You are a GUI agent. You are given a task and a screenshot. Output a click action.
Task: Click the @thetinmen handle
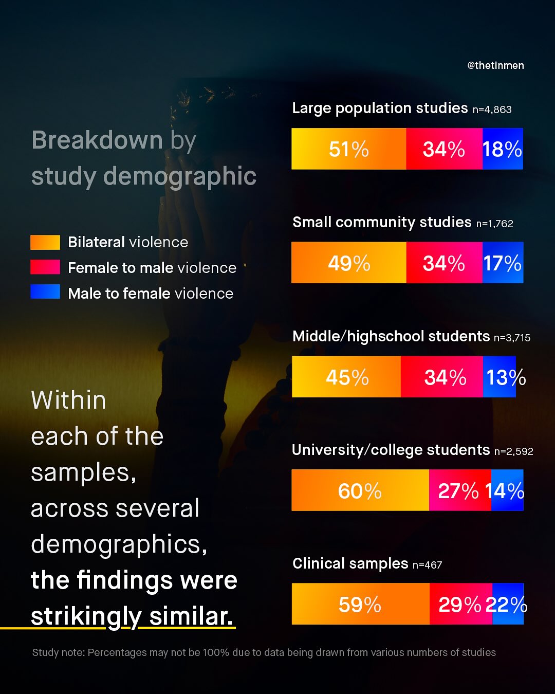pyautogui.click(x=495, y=65)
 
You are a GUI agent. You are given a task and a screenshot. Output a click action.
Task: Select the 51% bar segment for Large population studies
pyautogui.click(x=349, y=149)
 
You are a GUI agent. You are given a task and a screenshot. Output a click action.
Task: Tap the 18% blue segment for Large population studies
pyautogui.click(x=503, y=149)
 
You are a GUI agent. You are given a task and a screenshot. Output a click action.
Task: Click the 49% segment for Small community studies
pyautogui.click(x=349, y=263)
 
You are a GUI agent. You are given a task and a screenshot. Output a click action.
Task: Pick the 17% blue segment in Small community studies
pyautogui.click(x=503, y=263)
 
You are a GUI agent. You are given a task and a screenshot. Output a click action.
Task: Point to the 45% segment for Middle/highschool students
pyautogui.click(x=346, y=377)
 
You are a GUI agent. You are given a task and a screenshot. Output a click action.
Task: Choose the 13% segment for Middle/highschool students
pyautogui.click(x=499, y=377)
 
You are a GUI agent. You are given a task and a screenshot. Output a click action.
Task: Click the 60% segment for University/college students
pyautogui.click(x=360, y=490)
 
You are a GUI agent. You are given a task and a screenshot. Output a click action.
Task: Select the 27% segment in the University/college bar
pyautogui.click(x=459, y=490)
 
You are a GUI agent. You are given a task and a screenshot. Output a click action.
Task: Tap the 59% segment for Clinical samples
pyautogui.click(x=360, y=604)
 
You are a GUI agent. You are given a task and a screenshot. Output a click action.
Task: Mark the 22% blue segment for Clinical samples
pyautogui.click(x=508, y=604)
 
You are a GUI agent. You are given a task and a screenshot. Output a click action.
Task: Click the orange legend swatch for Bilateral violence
pyautogui.click(x=45, y=242)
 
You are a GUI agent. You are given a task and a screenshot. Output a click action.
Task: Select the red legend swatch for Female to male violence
pyautogui.click(x=45, y=267)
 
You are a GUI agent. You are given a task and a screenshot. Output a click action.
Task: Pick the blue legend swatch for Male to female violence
pyautogui.click(x=45, y=292)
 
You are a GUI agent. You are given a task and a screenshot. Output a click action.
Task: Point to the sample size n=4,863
pyautogui.click(x=492, y=109)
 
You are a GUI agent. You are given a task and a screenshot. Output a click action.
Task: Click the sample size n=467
pyautogui.click(x=427, y=565)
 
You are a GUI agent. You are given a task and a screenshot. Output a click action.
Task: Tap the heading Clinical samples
pyautogui.click(x=350, y=563)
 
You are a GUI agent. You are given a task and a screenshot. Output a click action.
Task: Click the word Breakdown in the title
pyautogui.click(x=97, y=140)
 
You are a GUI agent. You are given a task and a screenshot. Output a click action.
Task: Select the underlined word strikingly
pyautogui.click(x=86, y=616)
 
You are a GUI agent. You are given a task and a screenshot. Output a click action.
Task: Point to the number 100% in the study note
pyautogui.click(x=216, y=652)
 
